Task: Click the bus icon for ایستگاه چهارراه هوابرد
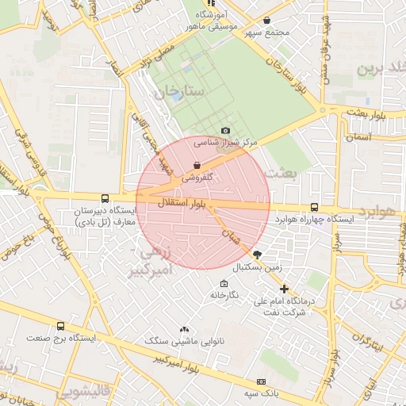315,208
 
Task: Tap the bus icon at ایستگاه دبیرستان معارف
105,198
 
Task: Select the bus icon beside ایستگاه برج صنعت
61,325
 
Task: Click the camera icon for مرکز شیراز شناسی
226,131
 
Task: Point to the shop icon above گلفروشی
197,166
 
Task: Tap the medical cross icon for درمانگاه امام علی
284,289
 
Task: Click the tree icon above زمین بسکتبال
256,254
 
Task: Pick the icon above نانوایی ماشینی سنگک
185,328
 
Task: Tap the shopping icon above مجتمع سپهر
266,20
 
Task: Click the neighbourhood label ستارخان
185,93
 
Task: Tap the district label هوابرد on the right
375,213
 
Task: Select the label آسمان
358,136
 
